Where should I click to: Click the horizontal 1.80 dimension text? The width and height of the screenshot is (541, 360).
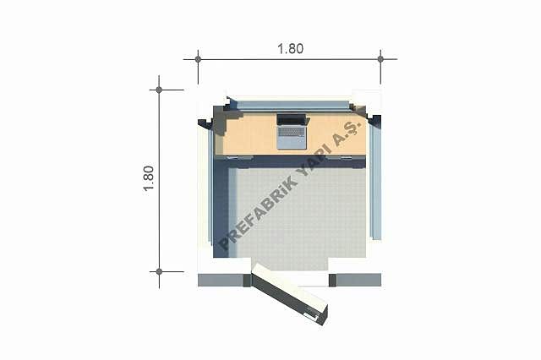(291, 49)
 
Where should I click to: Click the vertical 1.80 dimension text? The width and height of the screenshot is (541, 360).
(149, 178)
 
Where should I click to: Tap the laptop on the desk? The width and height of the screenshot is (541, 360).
(292, 131)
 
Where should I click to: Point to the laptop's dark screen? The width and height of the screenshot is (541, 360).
(292, 120)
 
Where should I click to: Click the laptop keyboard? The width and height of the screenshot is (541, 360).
(292, 132)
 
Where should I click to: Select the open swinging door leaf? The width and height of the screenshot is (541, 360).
(289, 294)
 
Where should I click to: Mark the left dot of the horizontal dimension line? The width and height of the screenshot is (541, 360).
(198, 59)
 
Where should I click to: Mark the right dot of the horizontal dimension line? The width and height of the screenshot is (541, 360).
(380, 59)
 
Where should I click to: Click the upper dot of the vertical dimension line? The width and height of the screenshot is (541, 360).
(159, 90)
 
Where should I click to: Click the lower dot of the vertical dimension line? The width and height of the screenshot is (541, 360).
(159, 272)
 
